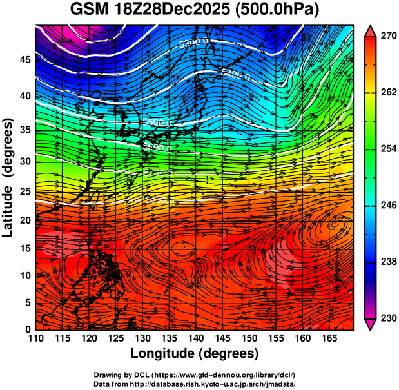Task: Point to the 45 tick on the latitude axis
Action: (x=25, y=61)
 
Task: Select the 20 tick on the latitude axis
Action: (x=25, y=220)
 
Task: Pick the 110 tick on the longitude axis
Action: (x=35, y=338)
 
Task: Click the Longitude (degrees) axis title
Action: (x=195, y=353)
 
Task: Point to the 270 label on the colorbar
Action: (x=387, y=37)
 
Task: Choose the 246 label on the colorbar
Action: (x=387, y=206)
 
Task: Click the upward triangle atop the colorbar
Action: (x=371, y=31)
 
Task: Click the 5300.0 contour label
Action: (x=194, y=44)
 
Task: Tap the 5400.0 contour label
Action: (x=235, y=73)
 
